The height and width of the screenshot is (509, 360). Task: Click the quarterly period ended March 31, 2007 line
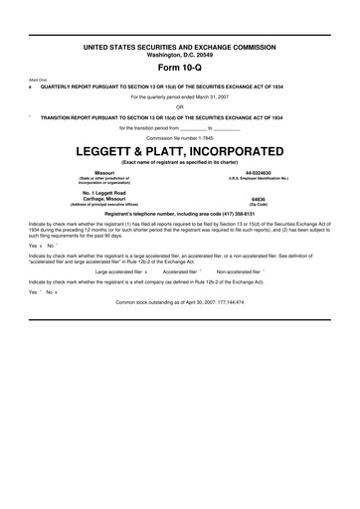tap(180, 97)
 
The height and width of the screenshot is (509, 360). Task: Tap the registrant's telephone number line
tap(180, 214)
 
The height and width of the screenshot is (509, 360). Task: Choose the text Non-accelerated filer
tap(238, 270)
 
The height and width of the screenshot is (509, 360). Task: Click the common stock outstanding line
tap(180, 300)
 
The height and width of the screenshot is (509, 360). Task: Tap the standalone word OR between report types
tap(180, 107)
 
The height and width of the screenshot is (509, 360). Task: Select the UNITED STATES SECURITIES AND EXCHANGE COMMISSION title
tap(180, 47)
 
